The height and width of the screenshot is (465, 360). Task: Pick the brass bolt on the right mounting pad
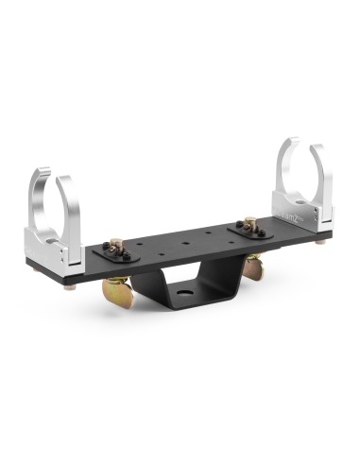coord(250,224)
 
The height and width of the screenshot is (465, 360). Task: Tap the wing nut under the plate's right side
coord(253,267)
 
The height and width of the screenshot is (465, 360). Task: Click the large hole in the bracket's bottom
coord(189,309)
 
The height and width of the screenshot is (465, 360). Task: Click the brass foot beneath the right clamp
coord(325,243)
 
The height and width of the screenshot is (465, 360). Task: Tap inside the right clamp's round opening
coord(302,175)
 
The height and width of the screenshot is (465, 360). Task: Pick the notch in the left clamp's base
coord(63,256)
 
